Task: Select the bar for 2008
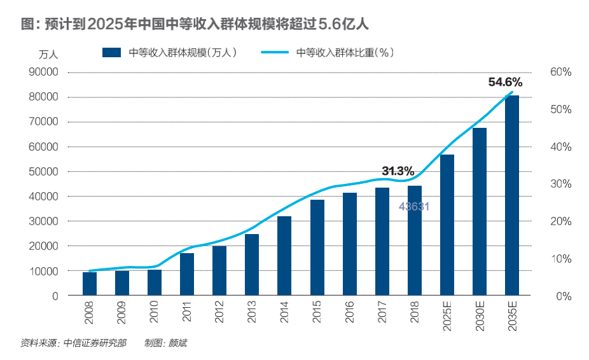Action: (90, 284)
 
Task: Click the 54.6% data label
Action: (505, 82)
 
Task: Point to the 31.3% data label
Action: (398, 171)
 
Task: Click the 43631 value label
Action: (415, 207)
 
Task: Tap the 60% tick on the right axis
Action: (560, 73)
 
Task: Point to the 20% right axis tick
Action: (560, 221)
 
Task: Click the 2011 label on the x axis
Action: (187, 315)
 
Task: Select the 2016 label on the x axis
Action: (349, 315)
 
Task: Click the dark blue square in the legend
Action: (112, 53)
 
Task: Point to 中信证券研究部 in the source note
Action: (95, 343)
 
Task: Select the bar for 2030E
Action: (480, 212)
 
